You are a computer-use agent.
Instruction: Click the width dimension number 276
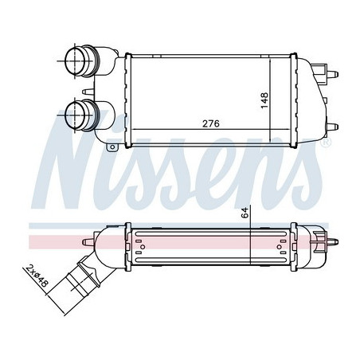point(211,123)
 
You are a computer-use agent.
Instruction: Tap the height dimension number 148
point(264,100)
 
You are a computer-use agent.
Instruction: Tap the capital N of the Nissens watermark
point(76,159)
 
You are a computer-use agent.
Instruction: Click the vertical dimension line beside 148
point(273,100)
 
